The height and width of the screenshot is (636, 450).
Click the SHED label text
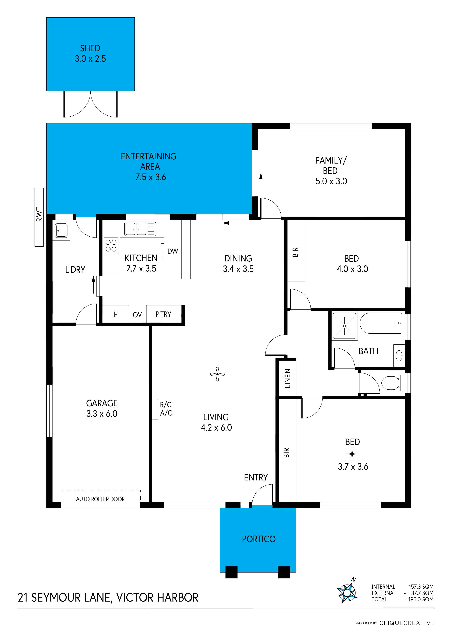pos(90,48)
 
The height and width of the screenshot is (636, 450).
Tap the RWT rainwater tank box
pos(39,217)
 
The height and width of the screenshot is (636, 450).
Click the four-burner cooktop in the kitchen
pos(111,245)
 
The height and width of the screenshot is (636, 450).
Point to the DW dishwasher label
pos(173,251)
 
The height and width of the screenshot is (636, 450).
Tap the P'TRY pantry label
pos(163,314)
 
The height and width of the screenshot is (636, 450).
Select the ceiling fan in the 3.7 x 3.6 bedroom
pos(352,454)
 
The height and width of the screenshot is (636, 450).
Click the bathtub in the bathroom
pos(381,323)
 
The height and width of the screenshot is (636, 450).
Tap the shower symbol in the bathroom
pos(344,326)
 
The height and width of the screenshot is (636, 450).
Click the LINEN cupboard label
pos(288,378)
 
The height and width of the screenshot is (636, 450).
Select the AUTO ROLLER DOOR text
pos(100,499)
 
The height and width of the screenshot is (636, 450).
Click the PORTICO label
pos(259,539)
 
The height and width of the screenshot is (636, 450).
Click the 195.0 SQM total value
pos(421,599)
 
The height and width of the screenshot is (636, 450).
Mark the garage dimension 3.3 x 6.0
pos(102,414)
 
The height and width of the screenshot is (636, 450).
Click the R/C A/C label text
pos(166,409)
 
